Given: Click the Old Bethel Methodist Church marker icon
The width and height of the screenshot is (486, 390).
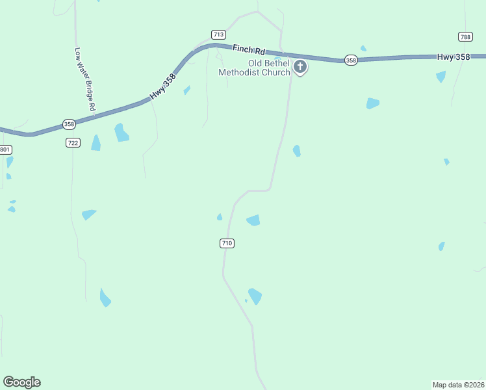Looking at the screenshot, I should coord(300,66).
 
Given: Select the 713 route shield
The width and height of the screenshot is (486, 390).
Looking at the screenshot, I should coord(218,34).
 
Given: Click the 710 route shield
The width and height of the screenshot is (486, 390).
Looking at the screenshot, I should coord(226,243).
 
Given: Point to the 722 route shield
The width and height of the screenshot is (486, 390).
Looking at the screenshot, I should coord(73,142).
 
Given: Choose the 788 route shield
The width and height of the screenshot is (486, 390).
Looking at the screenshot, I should coord(465,37).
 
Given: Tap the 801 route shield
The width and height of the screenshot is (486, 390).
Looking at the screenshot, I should coord(5,149).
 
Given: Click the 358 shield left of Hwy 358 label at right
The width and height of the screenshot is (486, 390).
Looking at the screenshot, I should coord(351,60).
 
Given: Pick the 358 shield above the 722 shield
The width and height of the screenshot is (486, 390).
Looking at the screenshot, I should coord(69,123).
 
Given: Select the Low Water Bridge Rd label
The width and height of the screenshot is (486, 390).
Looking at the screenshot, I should coord(85,79).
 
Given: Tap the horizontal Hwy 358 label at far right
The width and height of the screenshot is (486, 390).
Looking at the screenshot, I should coord(454,57).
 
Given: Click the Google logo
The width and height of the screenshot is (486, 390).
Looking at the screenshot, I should coord(21,382).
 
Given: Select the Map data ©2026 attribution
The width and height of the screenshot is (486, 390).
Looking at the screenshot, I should coord(458,384).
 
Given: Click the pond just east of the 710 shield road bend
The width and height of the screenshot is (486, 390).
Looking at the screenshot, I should coord(253,220).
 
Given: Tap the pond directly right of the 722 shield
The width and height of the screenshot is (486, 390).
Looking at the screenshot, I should coord(96,143).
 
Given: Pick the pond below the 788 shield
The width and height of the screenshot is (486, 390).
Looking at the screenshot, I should coord(441,77).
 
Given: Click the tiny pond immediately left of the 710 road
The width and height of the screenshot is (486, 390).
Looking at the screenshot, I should coord(220,217).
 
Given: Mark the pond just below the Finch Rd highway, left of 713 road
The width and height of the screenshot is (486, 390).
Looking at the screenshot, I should coord(186,90).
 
